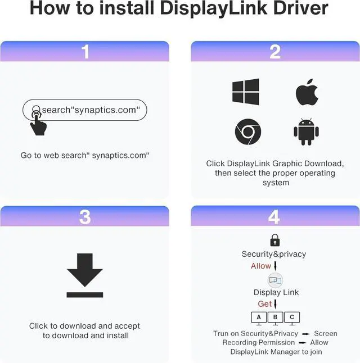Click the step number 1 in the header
point(85,52)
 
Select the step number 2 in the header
point(275,52)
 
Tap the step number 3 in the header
point(85,216)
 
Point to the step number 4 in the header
point(275,216)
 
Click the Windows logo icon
point(246,92)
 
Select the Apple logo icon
point(307,92)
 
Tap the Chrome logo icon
point(247,132)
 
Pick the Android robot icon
point(306,132)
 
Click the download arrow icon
point(85,275)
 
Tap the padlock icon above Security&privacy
point(274,241)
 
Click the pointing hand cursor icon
point(38,122)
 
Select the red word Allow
point(261,266)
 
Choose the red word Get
point(265,304)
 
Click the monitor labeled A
point(258,317)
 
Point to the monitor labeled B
point(275,317)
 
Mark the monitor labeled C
point(292,317)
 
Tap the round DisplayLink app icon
point(275,280)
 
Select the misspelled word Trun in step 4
point(221,333)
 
